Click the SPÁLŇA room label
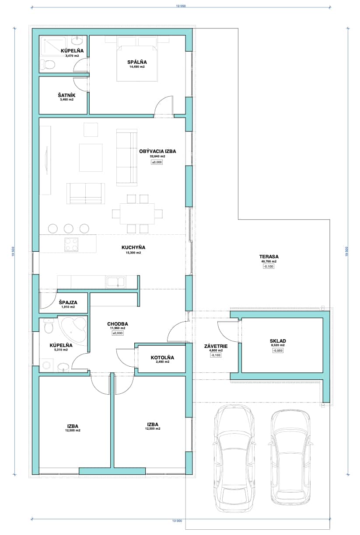(137, 62)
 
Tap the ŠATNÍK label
(66, 95)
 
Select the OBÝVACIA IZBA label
(157, 151)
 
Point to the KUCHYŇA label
(133, 247)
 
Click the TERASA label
(269, 257)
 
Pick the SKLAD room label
(278, 341)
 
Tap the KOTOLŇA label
(162, 358)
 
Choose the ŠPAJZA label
(68, 302)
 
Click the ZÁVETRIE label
(216, 346)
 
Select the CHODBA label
(118, 324)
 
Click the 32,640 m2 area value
(157, 156)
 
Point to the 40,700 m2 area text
(269, 261)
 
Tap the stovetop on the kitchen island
(71, 244)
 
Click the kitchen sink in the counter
(115, 282)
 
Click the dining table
(137, 214)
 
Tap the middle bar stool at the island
(69, 229)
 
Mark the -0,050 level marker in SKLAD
(278, 351)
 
